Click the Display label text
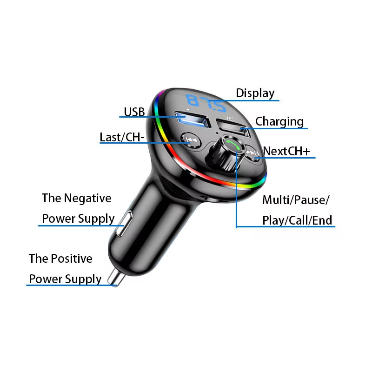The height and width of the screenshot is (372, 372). click(255, 93)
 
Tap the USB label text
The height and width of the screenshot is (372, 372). click(134, 112)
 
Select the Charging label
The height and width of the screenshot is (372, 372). click(279, 122)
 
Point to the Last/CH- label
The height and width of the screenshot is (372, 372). click(122, 137)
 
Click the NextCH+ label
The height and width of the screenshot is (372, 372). click(286, 151)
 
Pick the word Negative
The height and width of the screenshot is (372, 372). click(88, 198)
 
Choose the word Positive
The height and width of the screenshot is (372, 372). click(72, 259)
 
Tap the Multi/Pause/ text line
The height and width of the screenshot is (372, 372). click(296, 200)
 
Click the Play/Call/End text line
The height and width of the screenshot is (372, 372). click(297, 220)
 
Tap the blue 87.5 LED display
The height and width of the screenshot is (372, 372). click(206, 103)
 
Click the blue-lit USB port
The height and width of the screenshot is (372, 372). click(193, 120)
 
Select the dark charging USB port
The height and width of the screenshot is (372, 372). click(233, 127)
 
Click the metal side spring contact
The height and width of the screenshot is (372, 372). click(124, 223)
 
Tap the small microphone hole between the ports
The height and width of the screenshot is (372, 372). click(217, 133)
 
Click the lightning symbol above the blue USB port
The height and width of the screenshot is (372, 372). click(188, 110)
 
